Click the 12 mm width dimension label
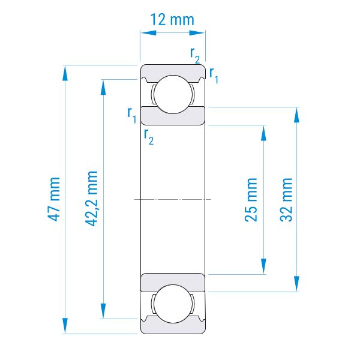(x=172, y=20)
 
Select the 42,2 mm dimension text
(x=92, y=199)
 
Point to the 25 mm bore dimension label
(x=251, y=200)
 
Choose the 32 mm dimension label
(x=286, y=200)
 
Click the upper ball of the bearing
(x=173, y=94)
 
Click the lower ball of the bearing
(x=173, y=304)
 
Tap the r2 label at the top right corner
(x=195, y=55)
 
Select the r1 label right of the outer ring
(x=214, y=75)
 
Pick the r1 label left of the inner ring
(x=132, y=115)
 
